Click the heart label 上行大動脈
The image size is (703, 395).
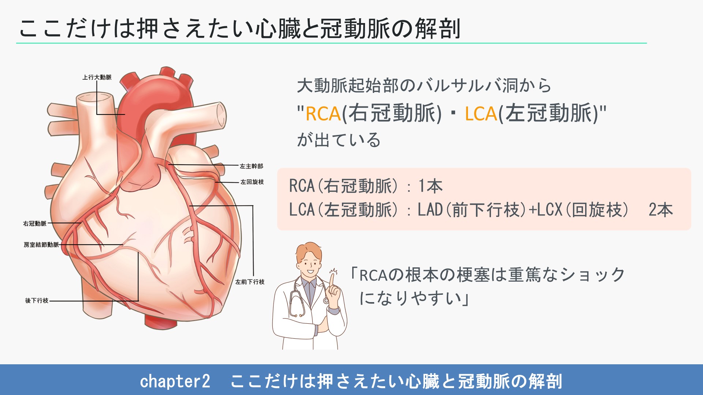click(97, 77)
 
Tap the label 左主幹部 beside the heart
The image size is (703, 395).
click(251, 166)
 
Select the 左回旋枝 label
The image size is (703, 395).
click(252, 182)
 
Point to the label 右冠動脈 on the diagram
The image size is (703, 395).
click(35, 223)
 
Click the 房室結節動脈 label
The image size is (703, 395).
click(41, 245)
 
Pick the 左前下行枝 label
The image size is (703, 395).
click(250, 282)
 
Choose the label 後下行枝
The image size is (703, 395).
click(37, 301)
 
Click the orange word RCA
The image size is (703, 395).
click(323, 114)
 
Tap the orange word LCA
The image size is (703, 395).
click(481, 114)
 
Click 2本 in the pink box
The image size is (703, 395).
click(661, 210)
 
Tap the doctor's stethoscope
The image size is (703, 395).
click(297, 304)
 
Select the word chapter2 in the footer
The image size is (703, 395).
click(175, 381)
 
